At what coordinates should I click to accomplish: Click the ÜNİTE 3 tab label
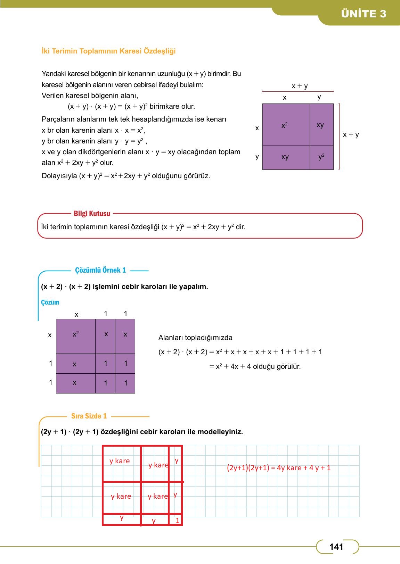coord(364,14)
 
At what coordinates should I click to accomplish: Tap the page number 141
coord(336,547)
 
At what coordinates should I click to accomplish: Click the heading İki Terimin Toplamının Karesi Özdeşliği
coord(108,51)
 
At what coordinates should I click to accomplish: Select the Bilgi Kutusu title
coord(92,214)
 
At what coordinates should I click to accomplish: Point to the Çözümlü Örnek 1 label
coord(100,270)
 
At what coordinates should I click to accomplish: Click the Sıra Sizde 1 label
coord(89,416)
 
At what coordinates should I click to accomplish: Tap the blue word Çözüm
coord(50,302)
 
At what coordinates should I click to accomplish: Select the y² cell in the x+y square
coord(321,157)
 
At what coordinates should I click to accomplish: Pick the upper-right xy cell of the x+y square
coord(320,125)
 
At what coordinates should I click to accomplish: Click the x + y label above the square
coord(300,86)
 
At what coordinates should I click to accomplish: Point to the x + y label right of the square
coord(351,134)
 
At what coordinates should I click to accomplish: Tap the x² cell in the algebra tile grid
coord(75,334)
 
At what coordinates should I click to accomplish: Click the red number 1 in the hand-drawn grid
coord(178,520)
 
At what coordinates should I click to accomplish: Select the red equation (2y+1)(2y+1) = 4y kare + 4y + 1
coord(279,468)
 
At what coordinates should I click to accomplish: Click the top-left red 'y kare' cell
coord(120,461)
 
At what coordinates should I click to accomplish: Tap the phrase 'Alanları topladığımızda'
coord(195,338)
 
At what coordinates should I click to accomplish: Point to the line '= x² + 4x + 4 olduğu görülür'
coord(255,366)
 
